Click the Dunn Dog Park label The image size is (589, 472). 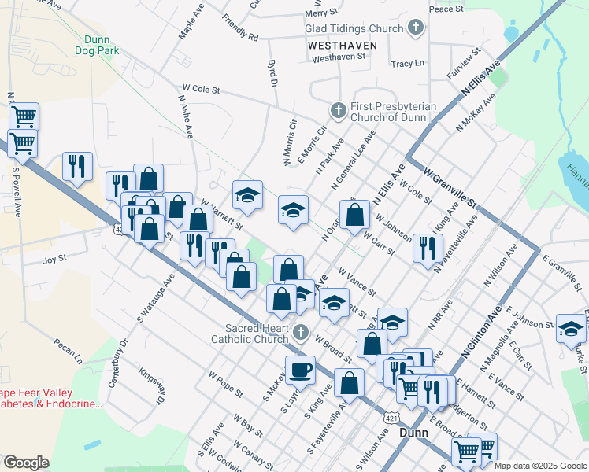98,44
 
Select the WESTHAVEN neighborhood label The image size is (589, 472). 343,46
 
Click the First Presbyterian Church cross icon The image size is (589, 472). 339,109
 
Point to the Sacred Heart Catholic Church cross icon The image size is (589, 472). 300,334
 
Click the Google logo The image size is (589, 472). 27,463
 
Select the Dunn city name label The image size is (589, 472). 414,433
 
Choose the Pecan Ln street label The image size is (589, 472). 68,352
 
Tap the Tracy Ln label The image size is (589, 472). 407,63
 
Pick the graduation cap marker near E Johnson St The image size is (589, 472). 571,328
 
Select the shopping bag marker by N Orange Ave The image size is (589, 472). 355,213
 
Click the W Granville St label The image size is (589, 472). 450,186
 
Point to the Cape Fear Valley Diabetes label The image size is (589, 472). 49,398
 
